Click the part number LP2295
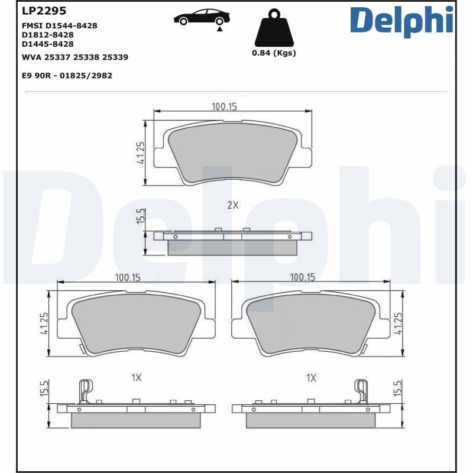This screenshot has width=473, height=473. [x=44, y=11]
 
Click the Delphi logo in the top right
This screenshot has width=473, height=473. [x=401, y=20]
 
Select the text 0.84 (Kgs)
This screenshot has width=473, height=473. [x=274, y=53]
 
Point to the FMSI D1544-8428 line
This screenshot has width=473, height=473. [x=59, y=25]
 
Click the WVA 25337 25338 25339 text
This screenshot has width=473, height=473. [x=74, y=57]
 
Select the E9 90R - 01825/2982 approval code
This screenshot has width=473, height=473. [x=67, y=76]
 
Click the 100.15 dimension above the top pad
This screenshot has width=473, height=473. [x=224, y=106]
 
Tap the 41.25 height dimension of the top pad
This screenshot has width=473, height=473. [x=140, y=153]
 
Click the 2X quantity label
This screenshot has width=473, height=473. [x=232, y=205]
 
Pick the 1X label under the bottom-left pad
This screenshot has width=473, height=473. [x=136, y=377]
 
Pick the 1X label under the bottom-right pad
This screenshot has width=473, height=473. [x=311, y=377]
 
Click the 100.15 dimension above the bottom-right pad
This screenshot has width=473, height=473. [x=302, y=277]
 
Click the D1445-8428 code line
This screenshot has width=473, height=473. [x=47, y=44]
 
